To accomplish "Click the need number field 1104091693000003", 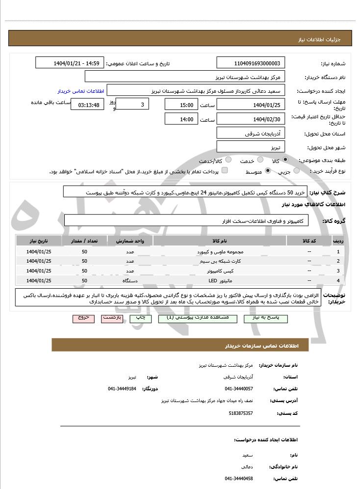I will (251, 63).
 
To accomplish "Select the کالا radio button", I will (285, 160).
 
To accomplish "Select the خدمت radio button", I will (260, 160).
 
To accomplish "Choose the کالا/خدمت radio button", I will (230, 160).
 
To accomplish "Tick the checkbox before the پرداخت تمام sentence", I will (225, 170).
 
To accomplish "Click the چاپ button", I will (140, 318).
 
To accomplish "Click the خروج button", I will (83, 318).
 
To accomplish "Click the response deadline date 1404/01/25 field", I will (251, 105).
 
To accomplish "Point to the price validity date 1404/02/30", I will (251, 119).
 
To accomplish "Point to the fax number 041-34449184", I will (122, 388).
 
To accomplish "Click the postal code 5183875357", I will (241, 413).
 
